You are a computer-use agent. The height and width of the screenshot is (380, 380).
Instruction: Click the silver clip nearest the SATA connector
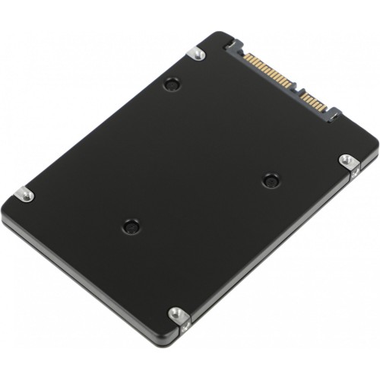click(x=197, y=53)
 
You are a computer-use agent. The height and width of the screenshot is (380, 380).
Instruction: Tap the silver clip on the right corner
click(x=347, y=162)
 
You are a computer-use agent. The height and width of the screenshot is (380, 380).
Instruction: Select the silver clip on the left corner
click(x=24, y=195)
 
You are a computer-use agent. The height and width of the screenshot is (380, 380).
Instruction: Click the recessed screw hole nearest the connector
click(x=172, y=84)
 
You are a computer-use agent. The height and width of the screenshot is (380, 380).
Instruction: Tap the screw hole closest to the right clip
click(x=271, y=180)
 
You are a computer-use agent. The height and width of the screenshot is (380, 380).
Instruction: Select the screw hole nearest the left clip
click(x=131, y=226)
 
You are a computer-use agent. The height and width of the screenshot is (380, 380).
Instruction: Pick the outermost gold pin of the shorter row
click(x=324, y=107)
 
